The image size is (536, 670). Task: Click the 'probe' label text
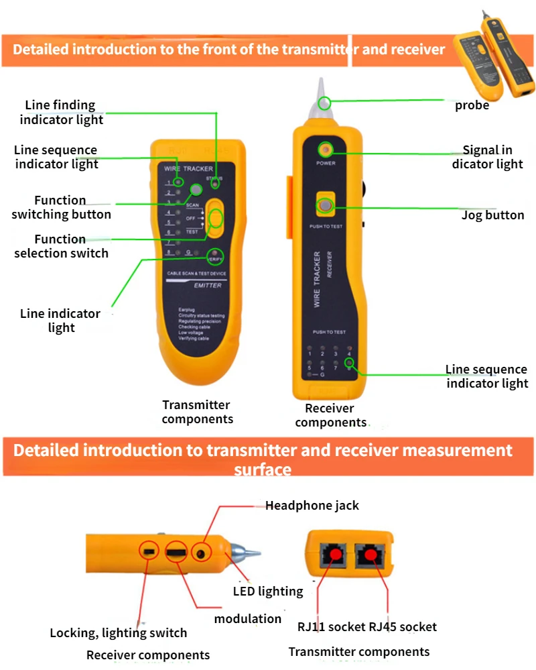tap(472, 105)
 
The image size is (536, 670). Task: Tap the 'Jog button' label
tap(492, 215)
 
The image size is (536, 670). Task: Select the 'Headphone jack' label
tap(312, 506)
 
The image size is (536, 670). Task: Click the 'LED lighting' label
tap(268, 592)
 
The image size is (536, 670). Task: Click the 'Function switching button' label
tap(61, 207)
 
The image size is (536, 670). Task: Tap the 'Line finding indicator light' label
tap(61, 113)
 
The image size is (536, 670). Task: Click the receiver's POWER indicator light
tap(326, 148)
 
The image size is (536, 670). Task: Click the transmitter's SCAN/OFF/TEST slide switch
tap(215, 218)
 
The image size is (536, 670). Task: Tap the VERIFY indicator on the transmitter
tap(214, 257)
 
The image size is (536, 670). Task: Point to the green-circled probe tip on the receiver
tap(324, 102)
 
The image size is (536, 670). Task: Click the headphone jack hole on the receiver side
tap(201, 553)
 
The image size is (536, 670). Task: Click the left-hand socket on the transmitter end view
tap(334, 555)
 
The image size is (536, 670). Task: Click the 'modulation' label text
tap(248, 618)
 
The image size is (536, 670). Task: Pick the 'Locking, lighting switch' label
tap(119, 632)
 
